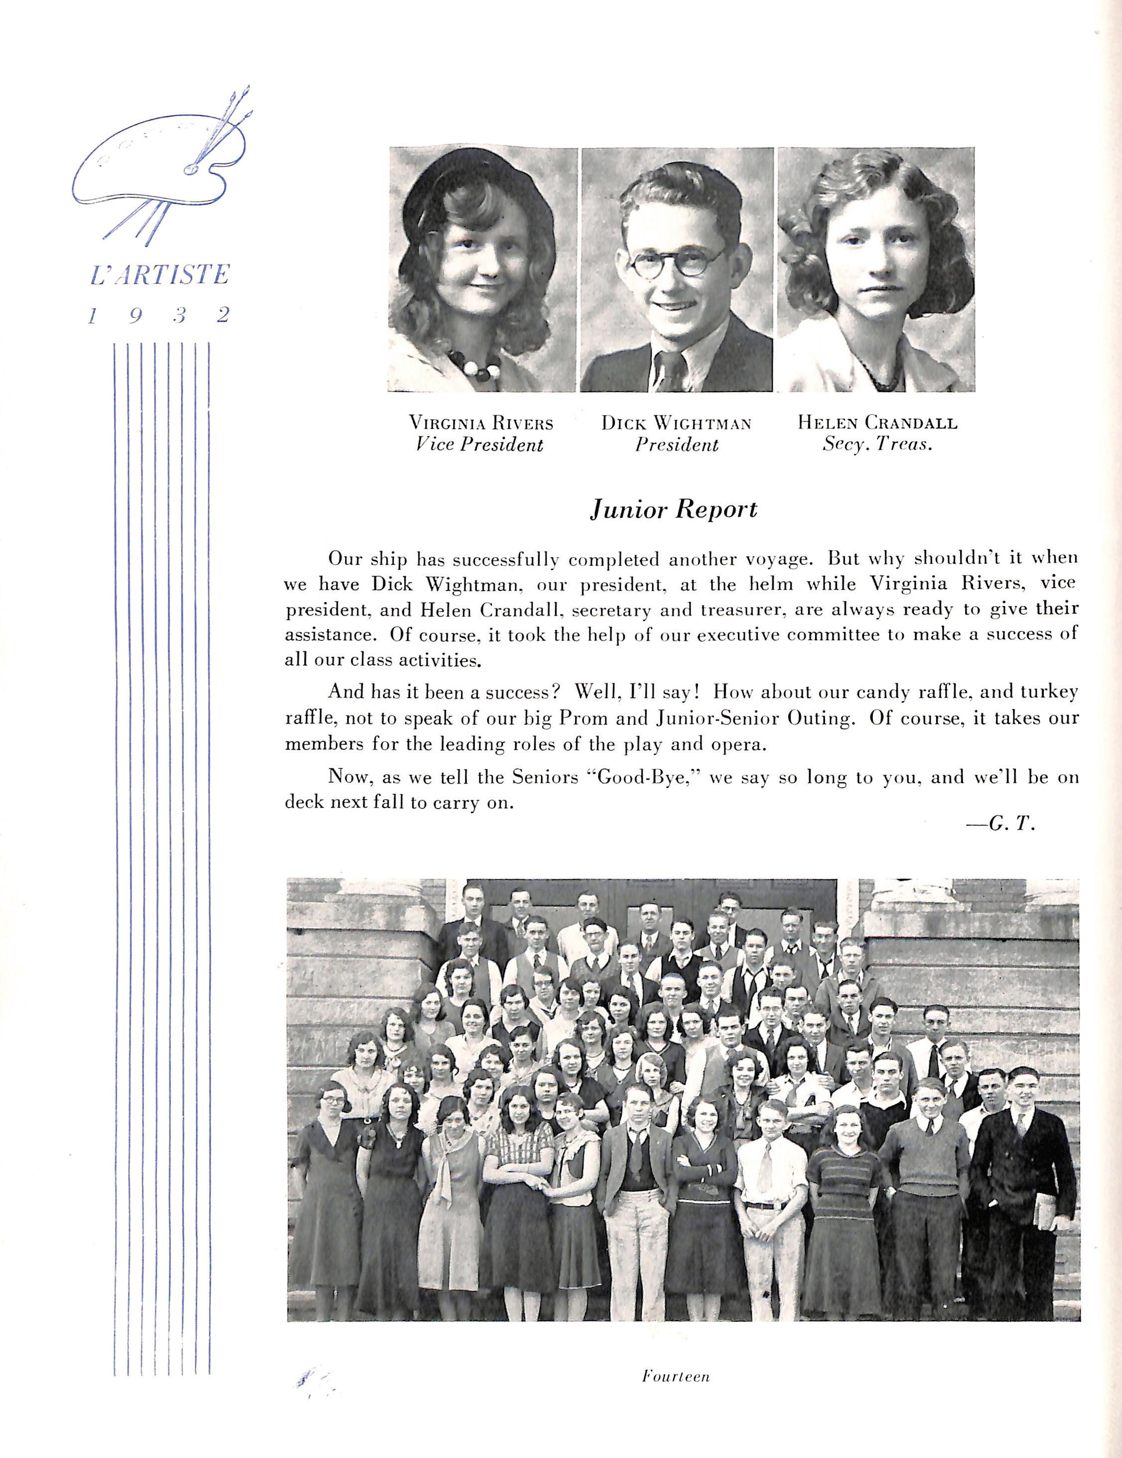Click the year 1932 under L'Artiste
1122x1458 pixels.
tap(159, 315)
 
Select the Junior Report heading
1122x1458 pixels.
tap(673, 509)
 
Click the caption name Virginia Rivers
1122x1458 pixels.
tap(481, 423)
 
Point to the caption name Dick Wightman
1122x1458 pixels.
tap(676, 423)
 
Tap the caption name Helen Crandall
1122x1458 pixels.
tap(877, 423)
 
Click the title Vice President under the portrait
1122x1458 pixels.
tap(479, 445)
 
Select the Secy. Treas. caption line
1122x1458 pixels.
tap(877, 445)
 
